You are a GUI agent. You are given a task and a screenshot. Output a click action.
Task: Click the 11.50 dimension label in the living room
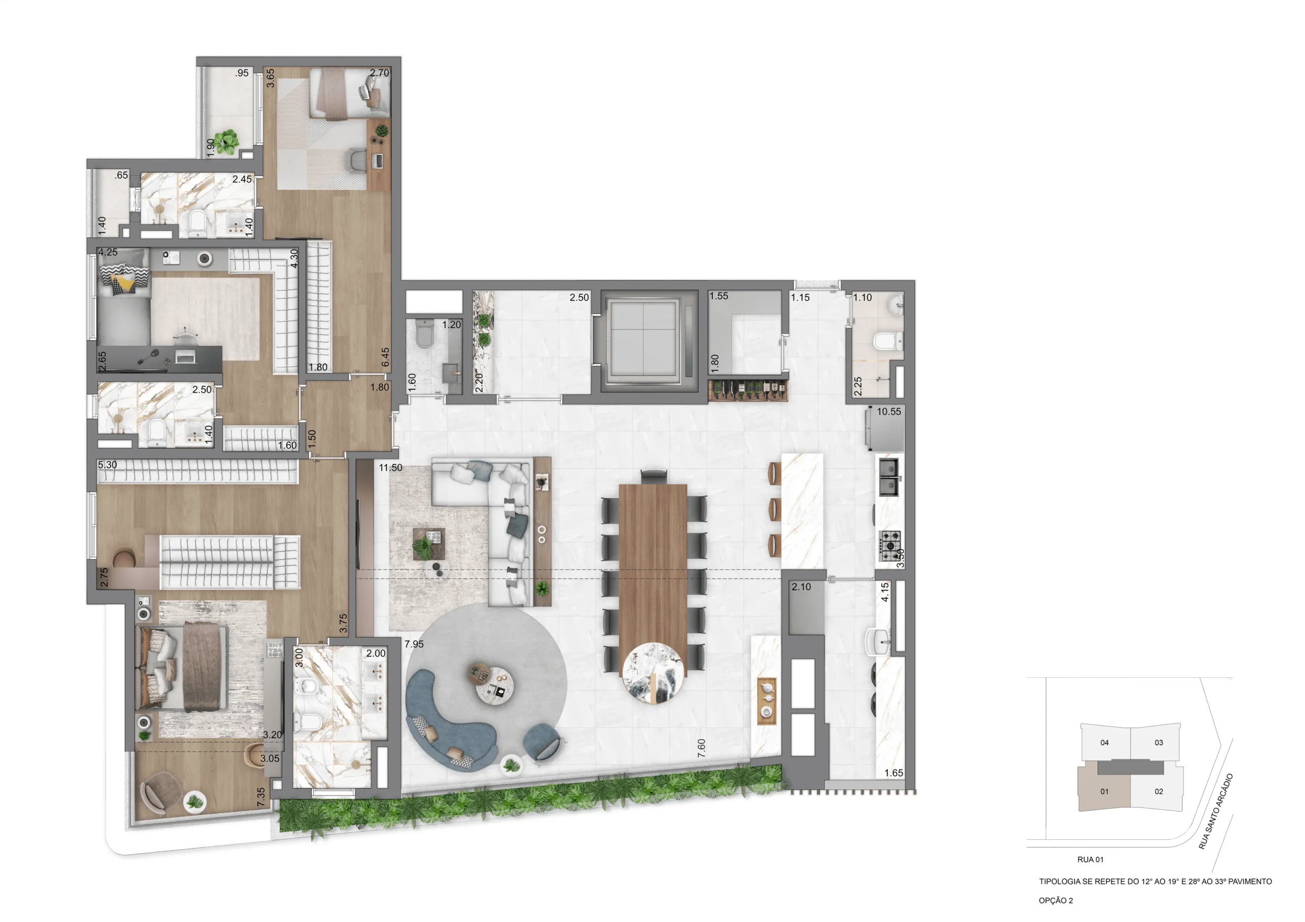point(390,468)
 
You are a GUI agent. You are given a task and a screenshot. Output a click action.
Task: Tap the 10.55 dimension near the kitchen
point(889,412)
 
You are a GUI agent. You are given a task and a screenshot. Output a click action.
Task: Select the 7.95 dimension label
point(414,644)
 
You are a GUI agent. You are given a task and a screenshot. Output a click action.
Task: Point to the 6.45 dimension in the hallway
point(386,357)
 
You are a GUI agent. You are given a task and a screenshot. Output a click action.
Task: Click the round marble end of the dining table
point(652,673)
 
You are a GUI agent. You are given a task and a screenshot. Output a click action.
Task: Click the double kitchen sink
point(889,477)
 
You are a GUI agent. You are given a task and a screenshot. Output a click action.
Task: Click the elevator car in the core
point(643,339)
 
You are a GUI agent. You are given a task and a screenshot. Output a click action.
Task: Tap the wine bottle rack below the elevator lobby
point(747,390)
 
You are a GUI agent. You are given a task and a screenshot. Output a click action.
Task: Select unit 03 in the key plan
point(1158,742)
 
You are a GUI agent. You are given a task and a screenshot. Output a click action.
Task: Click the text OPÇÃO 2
point(1056,901)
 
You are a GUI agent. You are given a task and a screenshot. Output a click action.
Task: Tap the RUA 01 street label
point(1090,859)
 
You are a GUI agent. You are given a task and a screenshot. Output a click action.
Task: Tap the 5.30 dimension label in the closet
point(107,465)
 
